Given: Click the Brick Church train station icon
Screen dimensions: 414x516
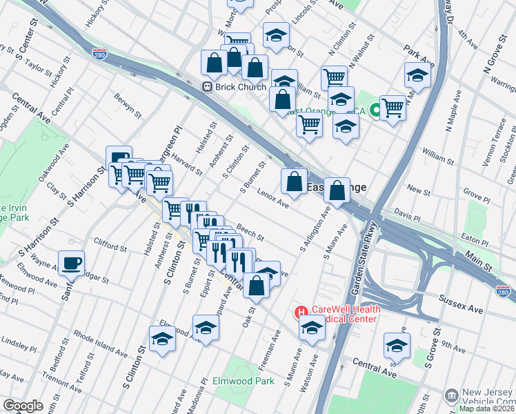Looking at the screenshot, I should (206, 86).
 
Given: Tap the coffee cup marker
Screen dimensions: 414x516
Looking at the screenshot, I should (72, 263).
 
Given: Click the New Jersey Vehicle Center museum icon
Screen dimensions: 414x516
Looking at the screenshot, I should (451, 395).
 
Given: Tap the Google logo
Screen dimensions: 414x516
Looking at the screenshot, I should (23, 406).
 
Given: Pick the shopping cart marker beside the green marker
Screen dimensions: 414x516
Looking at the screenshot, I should (393, 106).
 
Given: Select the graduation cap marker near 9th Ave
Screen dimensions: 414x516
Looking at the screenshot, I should (397, 344).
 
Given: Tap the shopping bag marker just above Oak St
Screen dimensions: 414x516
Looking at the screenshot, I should (257, 284).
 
